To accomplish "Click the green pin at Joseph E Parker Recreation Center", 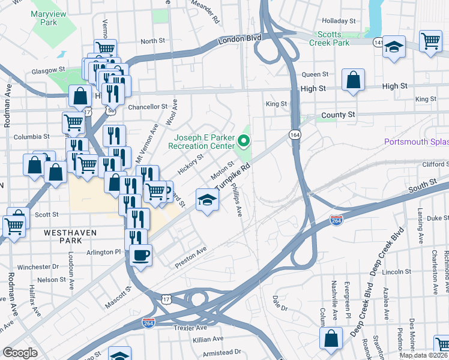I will pyautogui.click(x=244, y=142).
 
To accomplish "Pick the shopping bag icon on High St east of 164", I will pyautogui.click(x=354, y=80).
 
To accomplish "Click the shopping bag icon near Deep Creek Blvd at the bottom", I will pyautogui.click(x=330, y=339).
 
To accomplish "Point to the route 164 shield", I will pyautogui.click(x=295, y=135).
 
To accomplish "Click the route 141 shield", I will pyautogui.click(x=377, y=43).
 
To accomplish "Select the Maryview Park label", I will pyautogui.click(x=41, y=17).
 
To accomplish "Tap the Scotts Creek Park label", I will pyautogui.click(x=329, y=38).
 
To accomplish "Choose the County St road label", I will pyautogui.click(x=338, y=114).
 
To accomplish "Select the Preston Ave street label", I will pyautogui.click(x=191, y=257).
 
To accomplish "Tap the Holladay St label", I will pyautogui.click(x=339, y=20).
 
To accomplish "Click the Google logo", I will pyautogui.click(x=20, y=353).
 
